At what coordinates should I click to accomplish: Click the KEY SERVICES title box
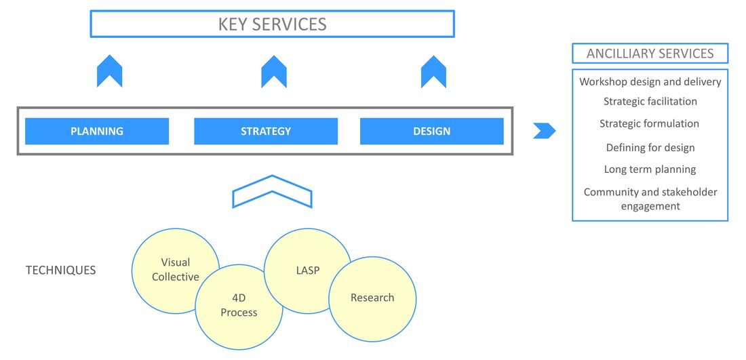pyautogui.click(x=272, y=24)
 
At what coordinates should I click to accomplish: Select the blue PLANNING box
pyautogui.click(x=97, y=132)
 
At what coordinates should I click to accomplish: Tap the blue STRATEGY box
pyautogui.click(x=266, y=132)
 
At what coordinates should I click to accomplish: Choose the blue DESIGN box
pyautogui.click(x=432, y=132)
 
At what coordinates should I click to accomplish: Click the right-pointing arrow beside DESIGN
pyautogui.click(x=545, y=131)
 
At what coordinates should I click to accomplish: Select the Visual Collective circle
pyautogui.click(x=176, y=271)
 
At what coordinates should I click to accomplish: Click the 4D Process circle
pyautogui.click(x=239, y=307)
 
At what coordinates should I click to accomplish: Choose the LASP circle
pyautogui.click(x=307, y=271)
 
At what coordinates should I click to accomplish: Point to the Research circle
pyautogui.click(x=372, y=299)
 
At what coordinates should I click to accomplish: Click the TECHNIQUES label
pyautogui.click(x=60, y=271)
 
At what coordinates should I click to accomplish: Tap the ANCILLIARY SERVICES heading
pyautogui.click(x=650, y=54)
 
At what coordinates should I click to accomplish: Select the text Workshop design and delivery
pyautogui.click(x=650, y=82)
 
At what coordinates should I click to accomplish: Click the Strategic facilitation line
pyautogui.click(x=650, y=102)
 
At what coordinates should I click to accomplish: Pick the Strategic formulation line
pyautogui.click(x=650, y=123)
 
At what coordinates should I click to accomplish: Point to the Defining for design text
pyautogui.click(x=650, y=148)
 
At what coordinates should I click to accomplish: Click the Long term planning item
pyautogui.click(x=650, y=169)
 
